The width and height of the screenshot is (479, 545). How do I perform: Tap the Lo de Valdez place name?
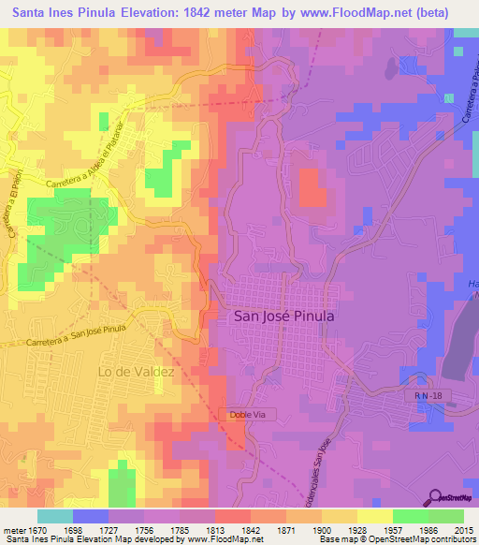[x=137, y=372]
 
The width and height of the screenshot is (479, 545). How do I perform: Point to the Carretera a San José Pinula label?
[x=77, y=335]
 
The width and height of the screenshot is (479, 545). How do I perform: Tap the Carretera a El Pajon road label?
[x=16, y=204]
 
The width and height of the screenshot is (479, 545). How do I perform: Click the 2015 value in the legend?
[x=464, y=530]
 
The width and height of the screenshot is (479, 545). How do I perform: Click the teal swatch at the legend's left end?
[x=55, y=516]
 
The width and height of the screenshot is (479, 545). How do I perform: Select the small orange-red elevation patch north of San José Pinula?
[x=313, y=189]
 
